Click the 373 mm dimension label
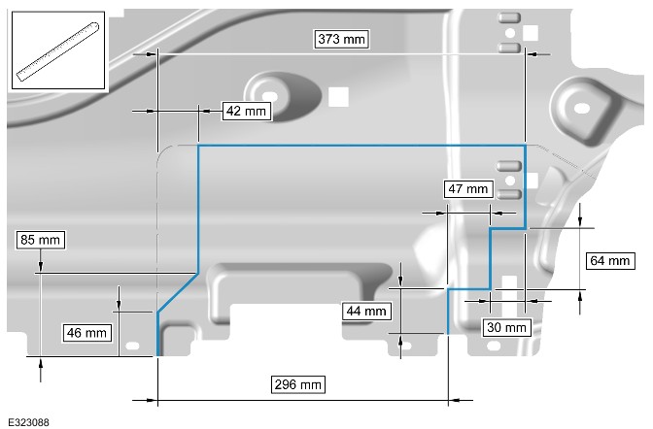(x=341, y=39)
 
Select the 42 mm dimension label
(x=246, y=111)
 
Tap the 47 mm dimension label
(x=468, y=189)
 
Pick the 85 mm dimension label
(x=41, y=240)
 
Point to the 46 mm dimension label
(x=86, y=333)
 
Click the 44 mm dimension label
(x=366, y=311)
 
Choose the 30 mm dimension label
(x=506, y=327)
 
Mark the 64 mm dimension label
(x=610, y=261)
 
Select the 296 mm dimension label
(x=297, y=384)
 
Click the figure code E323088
(x=28, y=422)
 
